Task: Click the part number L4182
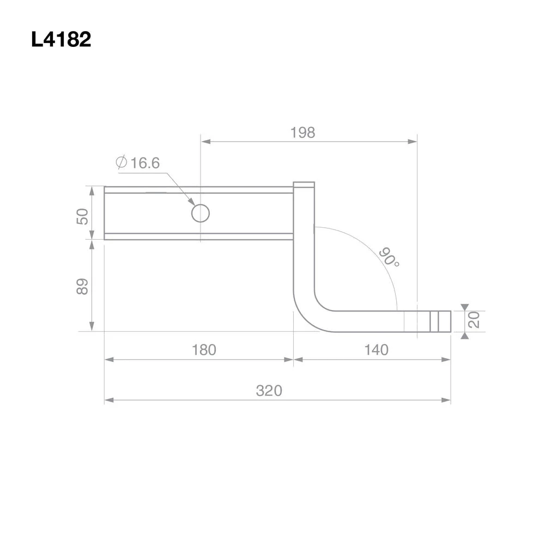[61, 39]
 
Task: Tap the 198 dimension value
[303, 132]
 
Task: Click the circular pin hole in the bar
[201, 213]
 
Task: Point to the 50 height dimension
[82, 216]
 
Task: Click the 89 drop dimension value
[82, 287]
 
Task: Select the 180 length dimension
[204, 350]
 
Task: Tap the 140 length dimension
[376, 350]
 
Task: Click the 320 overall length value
[269, 391]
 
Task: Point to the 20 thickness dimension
[474, 319]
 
